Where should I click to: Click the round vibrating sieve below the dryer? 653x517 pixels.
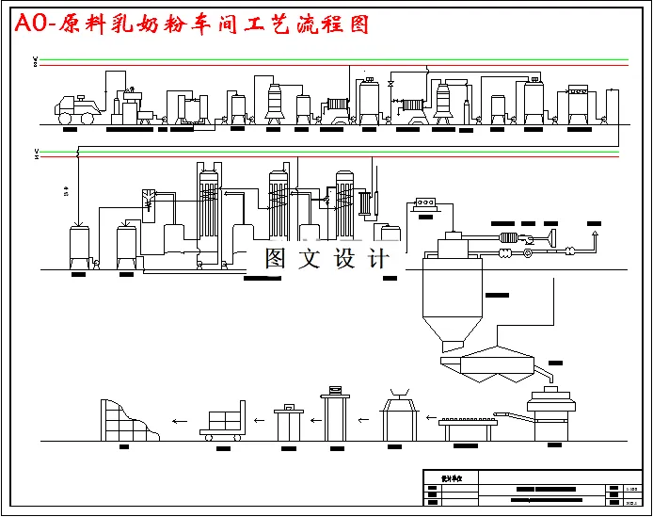pos(555,412)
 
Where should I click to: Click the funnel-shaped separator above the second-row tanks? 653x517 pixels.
pos(148,201)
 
